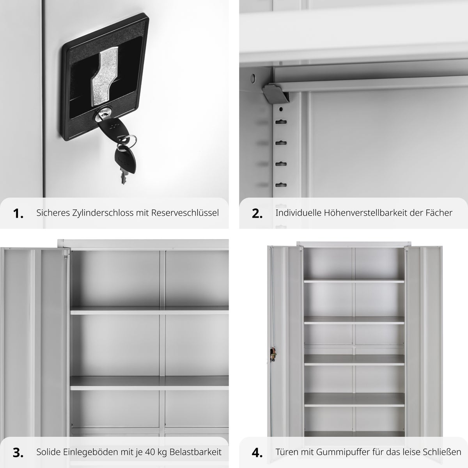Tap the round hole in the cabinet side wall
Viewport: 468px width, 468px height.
click(253, 78)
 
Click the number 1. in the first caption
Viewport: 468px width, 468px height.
click(18, 214)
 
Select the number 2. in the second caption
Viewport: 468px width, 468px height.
click(257, 214)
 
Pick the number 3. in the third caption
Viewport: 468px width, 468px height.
click(18, 453)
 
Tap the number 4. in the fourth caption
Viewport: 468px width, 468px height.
click(257, 453)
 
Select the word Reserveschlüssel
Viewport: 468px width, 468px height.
click(185, 213)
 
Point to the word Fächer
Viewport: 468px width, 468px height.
click(439, 213)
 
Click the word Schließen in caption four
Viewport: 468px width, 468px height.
click(442, 452)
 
